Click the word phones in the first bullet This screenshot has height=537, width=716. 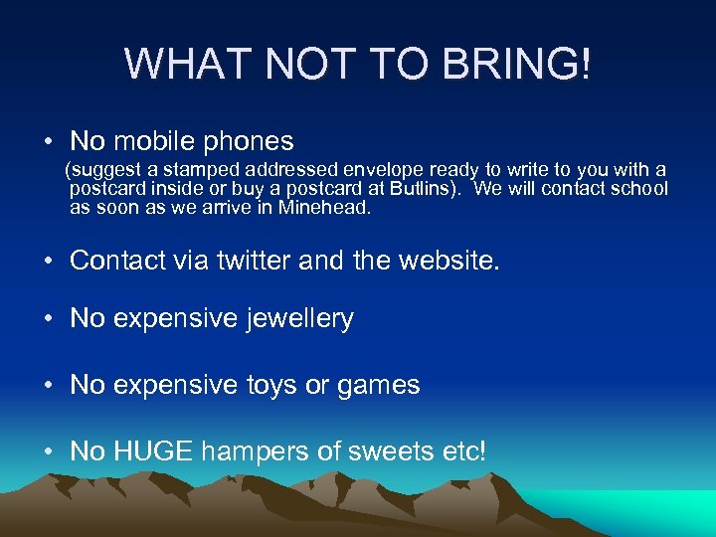click(x=250, y=141)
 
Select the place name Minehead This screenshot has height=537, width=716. click(x=324, y=208)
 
